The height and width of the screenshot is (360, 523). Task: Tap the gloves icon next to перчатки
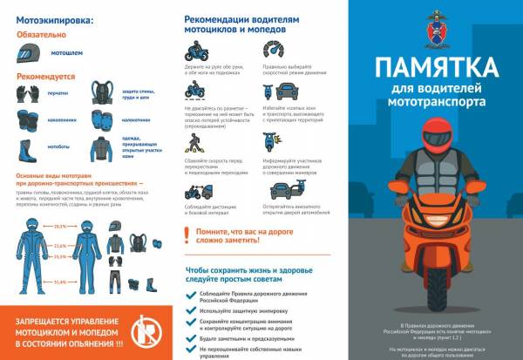coord(26,93)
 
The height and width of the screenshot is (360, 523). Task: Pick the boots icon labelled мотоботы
coord(26,146)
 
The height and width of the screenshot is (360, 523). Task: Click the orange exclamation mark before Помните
coord(190,234)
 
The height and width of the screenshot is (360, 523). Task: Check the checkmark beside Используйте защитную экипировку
coord(191,309)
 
